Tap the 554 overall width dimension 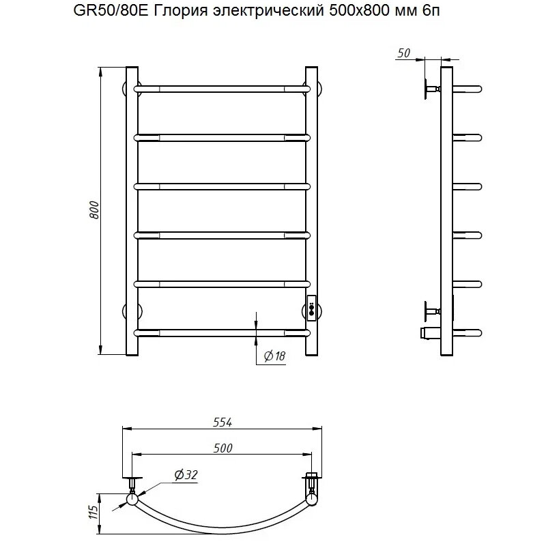tap(223, 422)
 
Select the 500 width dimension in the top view tap(223, 448)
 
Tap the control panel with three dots tap(312, 307)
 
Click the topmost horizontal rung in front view tap(222, 89)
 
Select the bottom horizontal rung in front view tap(222, 332)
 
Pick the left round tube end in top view tap(131, 500)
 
